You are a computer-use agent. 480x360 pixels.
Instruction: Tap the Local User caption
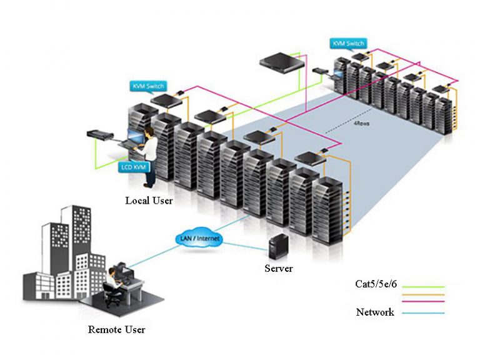pyautogui.click(x=149, y=201)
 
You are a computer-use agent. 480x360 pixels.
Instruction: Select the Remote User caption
pyautogui.click(x=117, y=329)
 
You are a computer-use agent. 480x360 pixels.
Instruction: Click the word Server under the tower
pyautogui.click(x=278, y=269)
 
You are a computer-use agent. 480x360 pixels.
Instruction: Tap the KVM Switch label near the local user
pyautogui.click(x=147, y=86)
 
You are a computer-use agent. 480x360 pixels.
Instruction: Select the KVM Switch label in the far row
pyautogui.click(x=347, y=44)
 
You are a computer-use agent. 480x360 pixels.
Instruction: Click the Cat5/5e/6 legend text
pyautogui.click(x=378, y=285)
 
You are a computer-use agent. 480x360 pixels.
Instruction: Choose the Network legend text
pyautogui.click(x=375, y=312)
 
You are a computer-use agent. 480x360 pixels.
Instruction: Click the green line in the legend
pyautogui.click(x=424, y=286)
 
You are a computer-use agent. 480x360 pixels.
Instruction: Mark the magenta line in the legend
pyautogui.click(x=424, y=302)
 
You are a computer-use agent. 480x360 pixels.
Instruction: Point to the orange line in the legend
pyautogui.click(x=424, y=294)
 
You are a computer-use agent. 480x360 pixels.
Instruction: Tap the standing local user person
pyautogui.click(x=150, y=156)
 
